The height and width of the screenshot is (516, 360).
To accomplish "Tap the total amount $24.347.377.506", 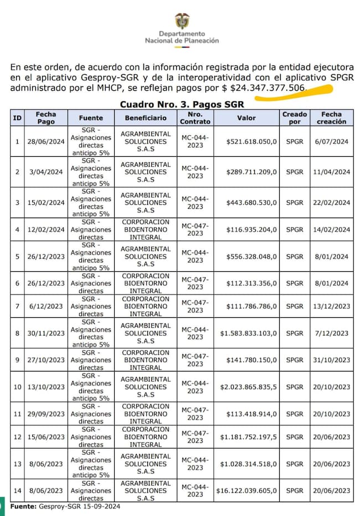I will pos(268,88).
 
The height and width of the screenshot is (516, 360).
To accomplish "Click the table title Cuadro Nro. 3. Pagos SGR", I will pos(182,104).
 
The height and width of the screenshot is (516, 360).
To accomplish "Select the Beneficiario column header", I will pos(146,118).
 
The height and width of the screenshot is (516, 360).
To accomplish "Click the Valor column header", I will pos(246,118).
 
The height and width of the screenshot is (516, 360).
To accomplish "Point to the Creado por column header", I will pos(295,118).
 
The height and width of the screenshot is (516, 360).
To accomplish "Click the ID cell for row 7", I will pos(17,306).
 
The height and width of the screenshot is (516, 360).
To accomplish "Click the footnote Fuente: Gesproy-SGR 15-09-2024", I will pos(65,507).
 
